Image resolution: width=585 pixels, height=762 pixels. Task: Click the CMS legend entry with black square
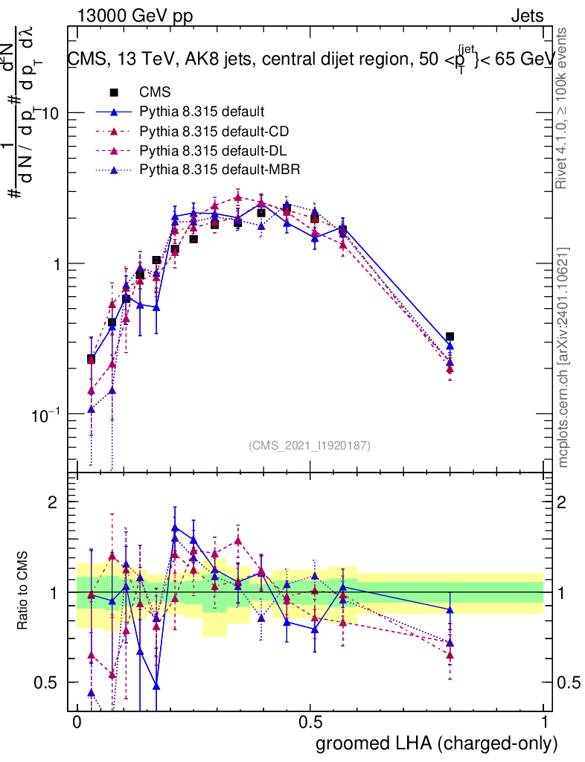pyautogui.click(x=155, y=92)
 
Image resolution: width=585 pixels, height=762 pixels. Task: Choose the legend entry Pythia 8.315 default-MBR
pyautogui.click(x=220, y=170)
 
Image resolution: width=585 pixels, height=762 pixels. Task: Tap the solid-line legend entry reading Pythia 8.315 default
pyautogui.click(x=202, y=112)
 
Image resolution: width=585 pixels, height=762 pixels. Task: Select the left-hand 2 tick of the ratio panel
pyautogui.click(x=53, y=502)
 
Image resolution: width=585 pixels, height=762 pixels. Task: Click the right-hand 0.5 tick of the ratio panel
pyautogui.click(x=567, y=682)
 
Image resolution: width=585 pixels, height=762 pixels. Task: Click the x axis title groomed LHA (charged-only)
pyautogui.click(x=437, y=743)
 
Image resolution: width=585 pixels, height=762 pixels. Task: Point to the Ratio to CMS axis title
pyautogui.click(x=22, y=592)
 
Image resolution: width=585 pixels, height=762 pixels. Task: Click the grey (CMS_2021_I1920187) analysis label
pyautogui.click(x=310, y=445)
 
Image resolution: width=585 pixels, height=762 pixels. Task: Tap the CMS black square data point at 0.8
pyautogui.click(x=450, y=337)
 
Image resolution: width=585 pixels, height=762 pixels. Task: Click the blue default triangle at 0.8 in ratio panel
pyautogui.click(x=450, y=609)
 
